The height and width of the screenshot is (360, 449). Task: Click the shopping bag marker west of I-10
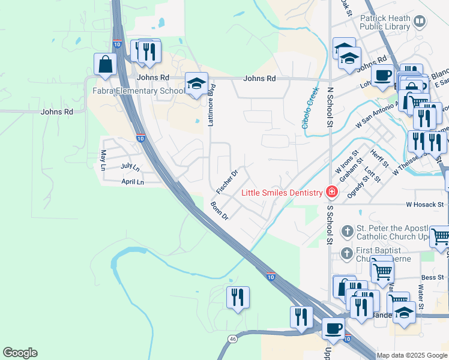(105, 64)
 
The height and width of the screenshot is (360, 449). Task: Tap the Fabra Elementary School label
(138, 91)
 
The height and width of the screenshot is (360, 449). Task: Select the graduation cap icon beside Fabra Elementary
(196, 84)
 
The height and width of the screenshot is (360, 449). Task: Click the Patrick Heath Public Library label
(385, 22)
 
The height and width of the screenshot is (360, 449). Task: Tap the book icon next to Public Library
(420, 22)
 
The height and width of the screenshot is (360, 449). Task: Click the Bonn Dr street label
(220, 211)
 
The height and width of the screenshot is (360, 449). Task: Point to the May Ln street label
(103, 160)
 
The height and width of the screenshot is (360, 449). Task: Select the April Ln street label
(133, 182)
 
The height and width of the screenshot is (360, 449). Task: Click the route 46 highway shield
(232, 340)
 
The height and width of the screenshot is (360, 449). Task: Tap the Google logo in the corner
(20, 353)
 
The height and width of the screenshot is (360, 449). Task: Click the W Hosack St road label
(424, 205)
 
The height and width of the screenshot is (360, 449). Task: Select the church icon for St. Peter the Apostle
(347, 231)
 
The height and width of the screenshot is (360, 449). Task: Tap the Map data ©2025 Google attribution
(412, 355)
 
